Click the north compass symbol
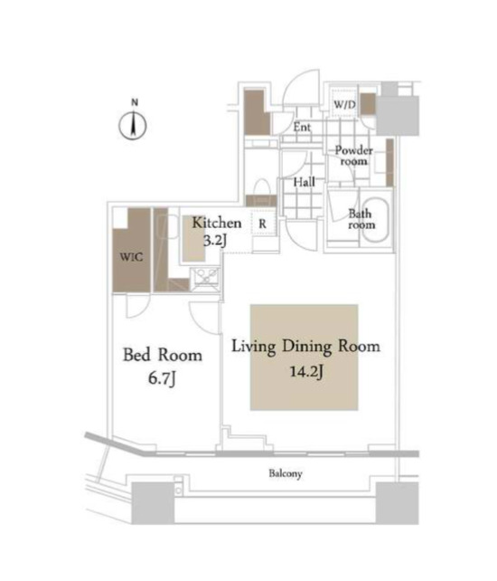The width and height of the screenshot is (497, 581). coord(133,126)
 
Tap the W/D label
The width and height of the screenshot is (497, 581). coord(343,105)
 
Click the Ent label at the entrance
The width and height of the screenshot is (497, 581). coord(302,128)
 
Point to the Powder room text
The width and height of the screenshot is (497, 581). coord(352,155)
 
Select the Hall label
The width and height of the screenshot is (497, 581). coord(304,182)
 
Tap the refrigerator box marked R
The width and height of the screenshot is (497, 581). coord(262,223)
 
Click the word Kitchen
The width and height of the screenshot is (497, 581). coord(216,223)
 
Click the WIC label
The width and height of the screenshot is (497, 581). coord(131,256)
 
